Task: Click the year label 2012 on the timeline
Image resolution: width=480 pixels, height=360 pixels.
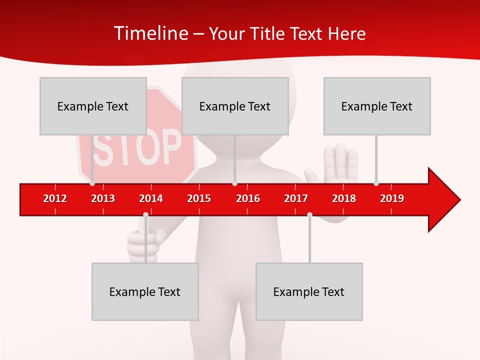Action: tap(55, 198)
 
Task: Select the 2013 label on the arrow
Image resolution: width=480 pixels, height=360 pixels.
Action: tap(103, 198)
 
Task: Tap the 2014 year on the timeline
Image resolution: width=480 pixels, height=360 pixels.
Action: tap(151, 198)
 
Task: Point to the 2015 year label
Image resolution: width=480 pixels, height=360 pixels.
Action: tap(199, 198)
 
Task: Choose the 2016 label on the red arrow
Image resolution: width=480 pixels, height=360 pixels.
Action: tap(248, 198)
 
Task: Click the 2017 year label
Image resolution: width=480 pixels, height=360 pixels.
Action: tap(296, 198)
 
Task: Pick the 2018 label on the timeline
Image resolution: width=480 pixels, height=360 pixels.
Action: tap(344, 198)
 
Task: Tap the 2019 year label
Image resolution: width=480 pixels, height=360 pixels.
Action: tap(392, 198)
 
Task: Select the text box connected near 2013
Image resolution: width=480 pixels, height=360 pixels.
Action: tap(93, 106)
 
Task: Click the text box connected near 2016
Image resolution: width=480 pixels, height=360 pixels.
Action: tap(235, 106)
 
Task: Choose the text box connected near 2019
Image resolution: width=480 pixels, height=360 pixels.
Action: tap(377, 106)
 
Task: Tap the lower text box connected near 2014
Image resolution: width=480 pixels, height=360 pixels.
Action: tap(145, 291)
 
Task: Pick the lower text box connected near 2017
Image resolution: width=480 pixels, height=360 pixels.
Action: tap(309, 291)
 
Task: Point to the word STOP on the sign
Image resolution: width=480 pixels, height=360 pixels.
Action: tap(137, 148)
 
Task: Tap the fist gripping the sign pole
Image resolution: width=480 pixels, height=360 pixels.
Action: tap(143, 245)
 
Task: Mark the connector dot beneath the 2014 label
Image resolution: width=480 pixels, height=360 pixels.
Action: tap(145, 215)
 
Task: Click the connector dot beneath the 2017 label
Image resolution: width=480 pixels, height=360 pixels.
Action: tap(309, 215)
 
